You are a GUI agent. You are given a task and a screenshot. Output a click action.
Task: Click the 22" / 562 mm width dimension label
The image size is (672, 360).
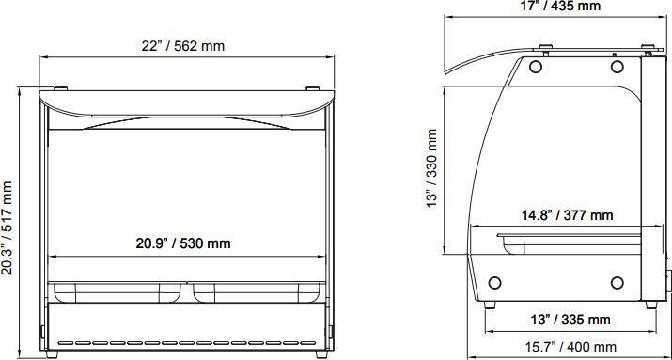(x=183, y=46)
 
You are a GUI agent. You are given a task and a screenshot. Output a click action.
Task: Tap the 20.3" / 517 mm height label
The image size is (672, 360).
(x=8, y=227)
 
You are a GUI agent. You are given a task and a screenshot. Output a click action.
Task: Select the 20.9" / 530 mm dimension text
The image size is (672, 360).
(x=183, y=243)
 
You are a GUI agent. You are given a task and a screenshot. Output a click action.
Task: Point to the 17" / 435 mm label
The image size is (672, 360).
(x=560, y=6)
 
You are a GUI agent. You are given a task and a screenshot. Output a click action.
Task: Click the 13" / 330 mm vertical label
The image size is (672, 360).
(x=432, y=168)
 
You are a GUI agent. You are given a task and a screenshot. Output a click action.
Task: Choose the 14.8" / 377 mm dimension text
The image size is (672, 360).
(x=568, y=214)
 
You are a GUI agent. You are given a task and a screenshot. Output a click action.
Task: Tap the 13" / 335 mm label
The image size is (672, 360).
(x=570, y=320)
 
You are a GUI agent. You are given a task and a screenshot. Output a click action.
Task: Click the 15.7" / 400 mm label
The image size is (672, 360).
(x=570, y=346)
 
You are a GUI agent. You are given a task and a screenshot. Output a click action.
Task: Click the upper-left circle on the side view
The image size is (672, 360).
(x=536, y=67)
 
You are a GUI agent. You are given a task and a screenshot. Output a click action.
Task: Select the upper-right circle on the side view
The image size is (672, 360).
(x=617, y=67)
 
